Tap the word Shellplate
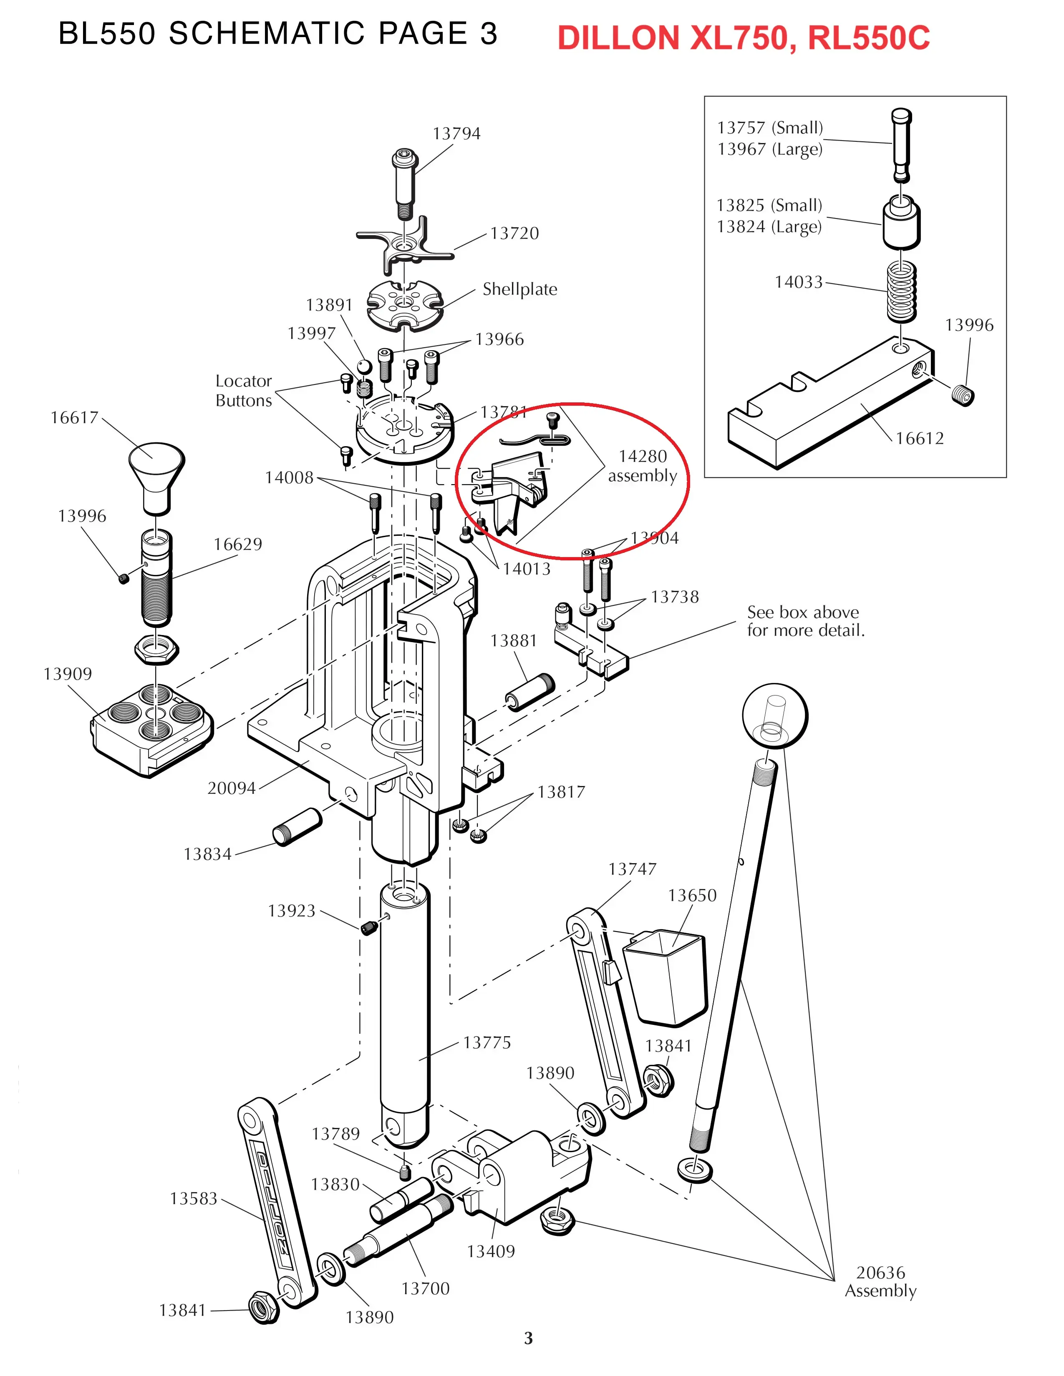tap(519, 289)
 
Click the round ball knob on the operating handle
tap(775, 715)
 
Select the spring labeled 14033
tap(901, 291)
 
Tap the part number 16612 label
tap(919, 439)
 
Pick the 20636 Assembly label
tap(880, 1281)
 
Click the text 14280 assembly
tap(642, 466)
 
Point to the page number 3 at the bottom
tap(528, 1338)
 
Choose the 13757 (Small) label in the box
tap(770, 128)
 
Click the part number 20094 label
tap(231, 788)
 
